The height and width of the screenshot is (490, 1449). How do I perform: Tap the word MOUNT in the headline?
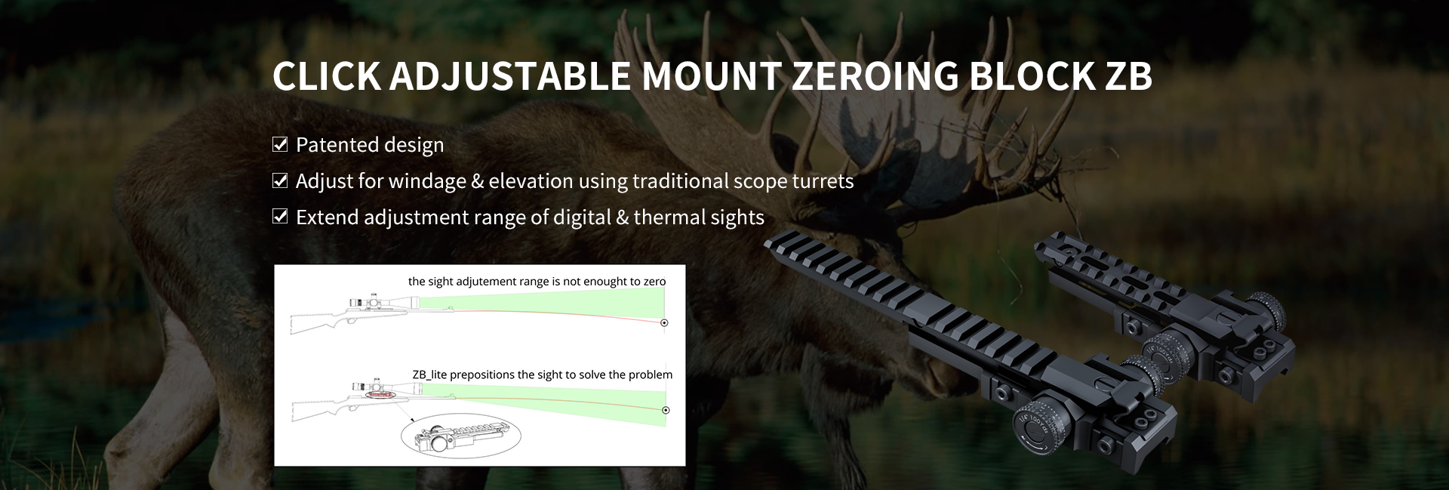click(x=711, y=76)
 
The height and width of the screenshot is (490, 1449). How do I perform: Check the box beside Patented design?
click(x=280, y=144)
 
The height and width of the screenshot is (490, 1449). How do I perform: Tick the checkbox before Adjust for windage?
click(x=280, y=180)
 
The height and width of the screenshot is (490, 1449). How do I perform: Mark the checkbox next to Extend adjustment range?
click(x=280, y=217)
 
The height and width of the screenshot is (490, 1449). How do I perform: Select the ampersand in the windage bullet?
click(x=477, y=181)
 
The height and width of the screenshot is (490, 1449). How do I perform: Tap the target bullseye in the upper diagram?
click(x=664, y=323)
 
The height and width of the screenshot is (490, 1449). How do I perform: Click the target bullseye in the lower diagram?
click(x=666, y=410)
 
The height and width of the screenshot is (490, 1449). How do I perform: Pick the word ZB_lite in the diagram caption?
click(x=431, y=374)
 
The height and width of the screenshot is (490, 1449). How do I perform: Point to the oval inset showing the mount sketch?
click(x=460, y=436)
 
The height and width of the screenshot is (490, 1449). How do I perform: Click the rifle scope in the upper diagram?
click(x=385, y=300)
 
